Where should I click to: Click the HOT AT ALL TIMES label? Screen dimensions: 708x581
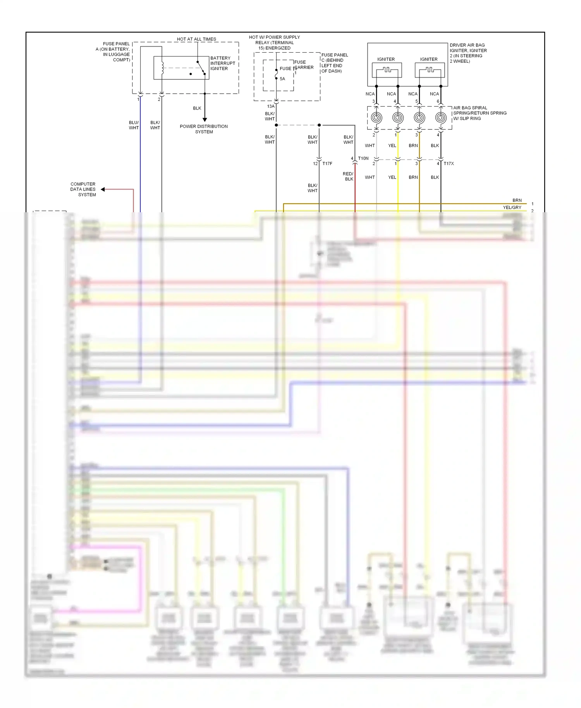[x=196, y=39]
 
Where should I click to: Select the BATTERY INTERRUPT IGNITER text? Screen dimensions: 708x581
[x=222, y=63]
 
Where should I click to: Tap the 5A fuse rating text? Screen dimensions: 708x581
[x=282, y=79]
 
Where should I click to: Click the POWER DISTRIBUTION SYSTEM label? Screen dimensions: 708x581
[x=204, y=129]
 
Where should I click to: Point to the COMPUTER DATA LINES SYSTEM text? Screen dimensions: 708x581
[x=83, y=189]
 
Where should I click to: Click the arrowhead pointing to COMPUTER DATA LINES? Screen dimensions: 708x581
[x=103, y=189]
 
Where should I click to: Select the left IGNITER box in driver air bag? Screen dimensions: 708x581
[x=387, y=70]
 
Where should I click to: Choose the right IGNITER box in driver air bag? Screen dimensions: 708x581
[x=430, y=70]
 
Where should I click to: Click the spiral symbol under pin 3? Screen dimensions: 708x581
[x=376, y=117]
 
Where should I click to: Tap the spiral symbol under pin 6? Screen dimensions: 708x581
[x=441, y=117]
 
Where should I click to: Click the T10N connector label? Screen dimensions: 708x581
[x=363, y=158]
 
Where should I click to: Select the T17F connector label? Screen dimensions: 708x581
[x=327, y=163]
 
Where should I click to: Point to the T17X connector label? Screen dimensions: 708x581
[x=449, y=163]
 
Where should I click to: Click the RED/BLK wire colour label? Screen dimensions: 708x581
[x=348, y=176]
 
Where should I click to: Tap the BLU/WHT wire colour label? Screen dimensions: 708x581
[x=134, y=125]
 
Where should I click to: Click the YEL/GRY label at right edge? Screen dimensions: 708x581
[x=512, y=208]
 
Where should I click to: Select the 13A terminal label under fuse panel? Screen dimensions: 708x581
[x=271, y=106]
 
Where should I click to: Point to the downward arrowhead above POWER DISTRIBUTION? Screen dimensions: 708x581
[x=205, y=120]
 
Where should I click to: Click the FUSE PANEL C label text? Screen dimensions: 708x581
[x=334, y=63]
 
